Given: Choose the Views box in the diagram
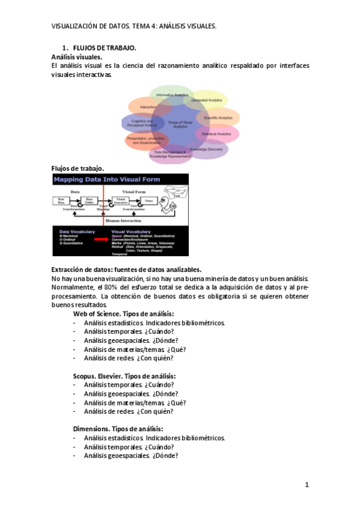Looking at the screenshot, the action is pos(150,200).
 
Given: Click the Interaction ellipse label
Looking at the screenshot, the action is pos(148,107).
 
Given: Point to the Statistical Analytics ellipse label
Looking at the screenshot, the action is pos(216,134).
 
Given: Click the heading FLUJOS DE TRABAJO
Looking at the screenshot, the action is pos(104,48).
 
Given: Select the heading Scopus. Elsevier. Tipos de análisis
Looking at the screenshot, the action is pos(124,376).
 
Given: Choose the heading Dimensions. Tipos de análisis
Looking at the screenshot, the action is pos(118,429).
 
